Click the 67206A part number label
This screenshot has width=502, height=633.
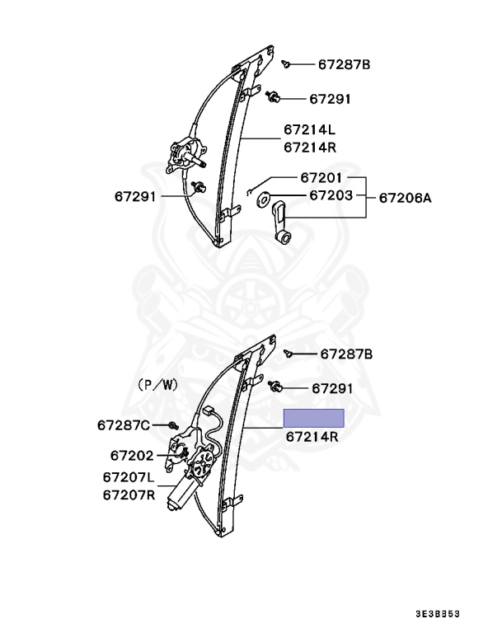[x=405, y=198]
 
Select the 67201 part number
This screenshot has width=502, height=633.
[x=321, y=178]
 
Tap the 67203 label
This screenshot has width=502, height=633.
[x=331, y=195]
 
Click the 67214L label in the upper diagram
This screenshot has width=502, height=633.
[x=309, y=129]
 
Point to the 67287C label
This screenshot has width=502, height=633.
[x=124, y=425]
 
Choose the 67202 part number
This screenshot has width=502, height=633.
[x=132, y=455]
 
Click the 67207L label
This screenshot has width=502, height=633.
[x=129, y=477]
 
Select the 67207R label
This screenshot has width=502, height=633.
[x=129, y=495]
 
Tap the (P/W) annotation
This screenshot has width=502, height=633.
[x=157, y=385]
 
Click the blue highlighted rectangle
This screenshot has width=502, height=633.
[x=314, y=418]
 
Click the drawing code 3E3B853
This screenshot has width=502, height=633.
[x=438, y=614]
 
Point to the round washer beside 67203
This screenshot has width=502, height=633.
[x=264, y=199]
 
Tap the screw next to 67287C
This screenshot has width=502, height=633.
[x=174, y=425]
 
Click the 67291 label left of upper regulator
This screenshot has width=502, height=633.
[x=135, y=197]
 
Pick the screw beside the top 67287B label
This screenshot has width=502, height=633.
[x=286, y=63]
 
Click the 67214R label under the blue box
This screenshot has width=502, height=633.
[x=312, y=436]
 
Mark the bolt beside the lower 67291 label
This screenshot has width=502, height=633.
[x=274, y=386]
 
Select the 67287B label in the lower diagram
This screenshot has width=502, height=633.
[x=346, y=354]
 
